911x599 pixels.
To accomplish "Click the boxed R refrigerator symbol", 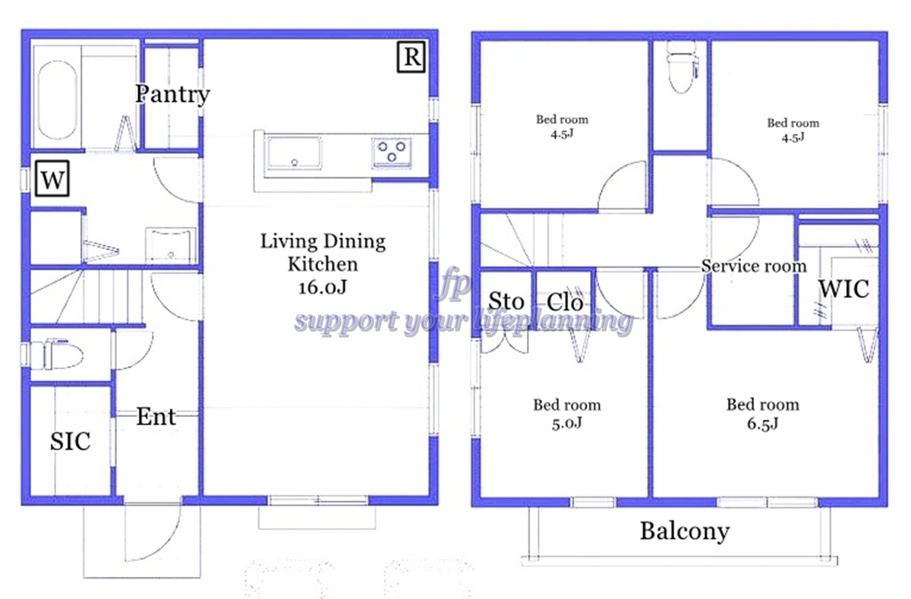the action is coord(411,57).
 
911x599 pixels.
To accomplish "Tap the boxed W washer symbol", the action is coord(52,178).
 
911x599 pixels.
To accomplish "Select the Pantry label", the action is coord(172,94).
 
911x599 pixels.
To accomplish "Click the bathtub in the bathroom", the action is coord(57,100).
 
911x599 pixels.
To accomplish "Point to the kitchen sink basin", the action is coord(293,152).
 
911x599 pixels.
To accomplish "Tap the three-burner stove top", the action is coord(392,152).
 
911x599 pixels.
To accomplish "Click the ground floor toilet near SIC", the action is coord(58,354).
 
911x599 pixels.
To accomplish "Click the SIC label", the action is coord(70,442).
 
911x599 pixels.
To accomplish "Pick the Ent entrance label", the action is coord(156,416).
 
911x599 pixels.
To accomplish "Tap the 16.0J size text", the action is coord(323,288).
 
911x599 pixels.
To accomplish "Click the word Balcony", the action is coord(685,531).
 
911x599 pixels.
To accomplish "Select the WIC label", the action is coord(844,288).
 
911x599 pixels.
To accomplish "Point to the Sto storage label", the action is coord(506,301).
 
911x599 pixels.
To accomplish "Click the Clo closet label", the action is coord(565,302).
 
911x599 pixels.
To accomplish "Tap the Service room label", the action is coord(754,266).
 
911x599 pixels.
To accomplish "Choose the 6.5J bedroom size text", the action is coord(762,424).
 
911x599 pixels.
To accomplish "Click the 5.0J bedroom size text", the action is coord(567,424).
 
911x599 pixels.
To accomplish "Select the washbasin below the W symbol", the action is coord(171,244).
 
